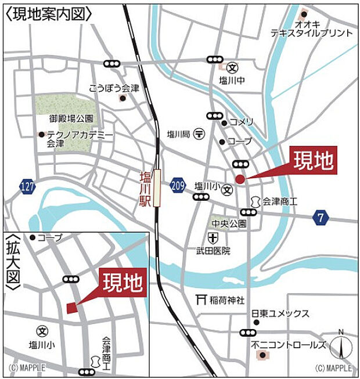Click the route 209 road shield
click(x=178, y=185)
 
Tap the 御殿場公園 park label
click(x=71, y=118)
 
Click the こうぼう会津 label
click(x=114, y=89)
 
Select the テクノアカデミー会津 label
click(x=76, y=139)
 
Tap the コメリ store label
click(x=241, y=122)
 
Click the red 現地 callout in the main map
click(x=313, y=161)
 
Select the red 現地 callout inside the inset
click(x=123, y=283)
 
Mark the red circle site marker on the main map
click(x=240, y=178)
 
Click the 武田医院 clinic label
click(x=213, y=251)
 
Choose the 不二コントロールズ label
click(x=289, y=344)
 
